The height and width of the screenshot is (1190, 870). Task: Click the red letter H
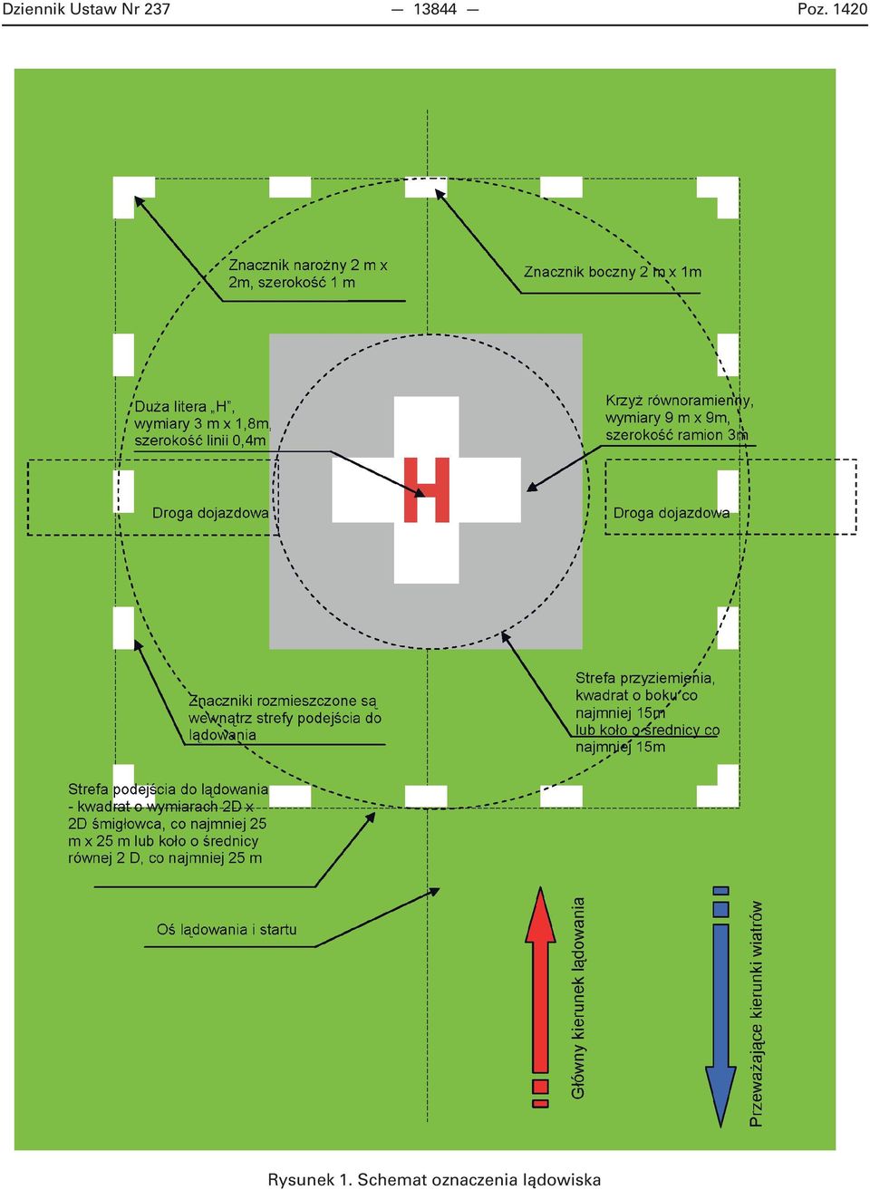click(427, 489)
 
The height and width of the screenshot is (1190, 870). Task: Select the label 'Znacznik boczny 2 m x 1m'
click(613, 272)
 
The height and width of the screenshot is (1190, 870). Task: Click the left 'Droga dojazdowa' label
click(210, 513)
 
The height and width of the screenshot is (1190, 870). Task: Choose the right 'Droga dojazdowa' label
click(672, 513)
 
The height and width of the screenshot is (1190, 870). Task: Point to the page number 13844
click(435, 10)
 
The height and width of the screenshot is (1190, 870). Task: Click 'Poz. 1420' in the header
click(832, 10)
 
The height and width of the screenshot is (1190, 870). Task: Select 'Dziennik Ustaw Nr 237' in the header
click(87, 10)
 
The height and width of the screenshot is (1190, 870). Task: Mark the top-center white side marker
click(426, 188)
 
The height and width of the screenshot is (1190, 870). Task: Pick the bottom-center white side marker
click(426, 797)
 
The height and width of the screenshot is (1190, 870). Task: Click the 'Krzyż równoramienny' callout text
click(680, 418)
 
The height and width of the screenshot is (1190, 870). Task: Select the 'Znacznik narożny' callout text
click(308, 274)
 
